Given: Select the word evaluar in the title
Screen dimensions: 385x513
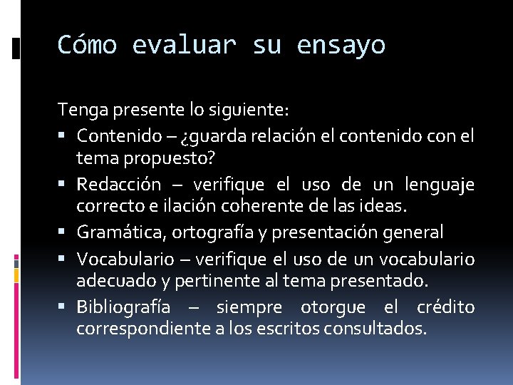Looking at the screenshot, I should point(184,45).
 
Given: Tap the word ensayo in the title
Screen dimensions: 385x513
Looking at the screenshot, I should point(341,45).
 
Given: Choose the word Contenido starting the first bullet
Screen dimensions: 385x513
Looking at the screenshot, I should point(113,135).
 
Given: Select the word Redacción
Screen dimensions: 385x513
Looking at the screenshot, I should point(118,185).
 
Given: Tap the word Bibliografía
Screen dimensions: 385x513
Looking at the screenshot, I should point(123,307).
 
